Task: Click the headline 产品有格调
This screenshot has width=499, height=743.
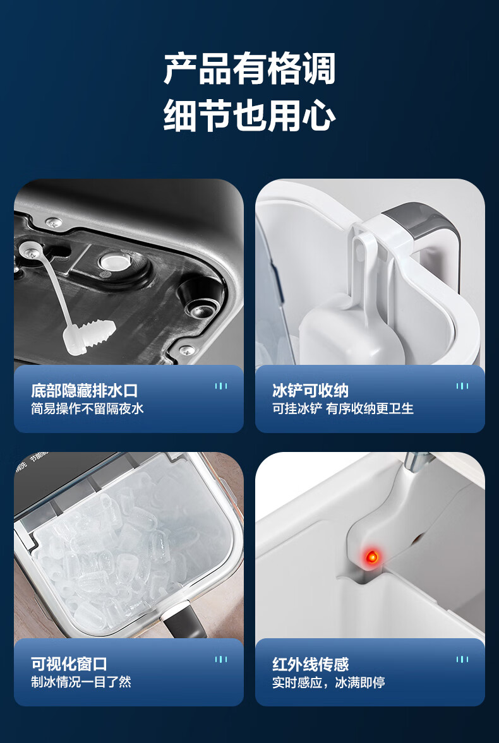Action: tap(249, 69)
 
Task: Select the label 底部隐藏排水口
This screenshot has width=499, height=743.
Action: tap(85, 391)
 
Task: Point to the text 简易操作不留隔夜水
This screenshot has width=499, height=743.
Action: tap(87, 408)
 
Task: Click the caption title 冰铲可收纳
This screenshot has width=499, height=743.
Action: tap(310, 391)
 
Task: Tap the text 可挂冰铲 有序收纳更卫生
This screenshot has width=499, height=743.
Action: tap(343, 408)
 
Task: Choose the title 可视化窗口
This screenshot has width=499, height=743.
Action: tap(69, 664)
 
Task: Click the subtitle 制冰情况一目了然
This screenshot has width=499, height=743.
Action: tap(81, 682)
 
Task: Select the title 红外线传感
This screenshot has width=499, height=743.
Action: tap(310, 664)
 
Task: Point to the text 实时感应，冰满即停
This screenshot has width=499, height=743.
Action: tap(328, 682)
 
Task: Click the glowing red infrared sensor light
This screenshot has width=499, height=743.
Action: tap(372, 556)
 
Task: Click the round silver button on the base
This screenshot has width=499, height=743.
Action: tap(114, 262)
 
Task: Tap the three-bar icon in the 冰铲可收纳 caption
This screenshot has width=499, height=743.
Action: tap(462, 386)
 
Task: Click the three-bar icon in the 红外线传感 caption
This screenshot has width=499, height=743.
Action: tap(462, 660)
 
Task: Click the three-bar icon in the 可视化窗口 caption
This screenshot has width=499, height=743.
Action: tap(220, 660)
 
